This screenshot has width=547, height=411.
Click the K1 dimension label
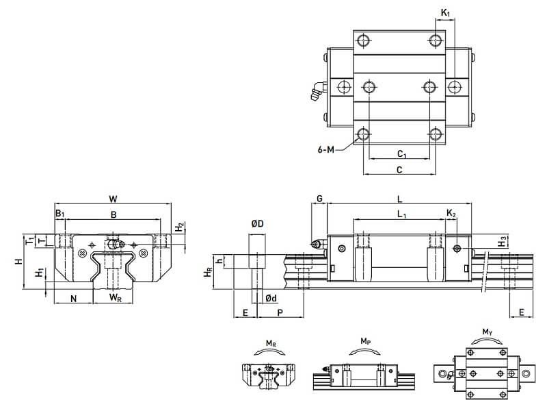445,13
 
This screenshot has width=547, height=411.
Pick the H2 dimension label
180,226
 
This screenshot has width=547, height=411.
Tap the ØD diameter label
258,224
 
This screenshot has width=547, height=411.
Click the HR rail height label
208,273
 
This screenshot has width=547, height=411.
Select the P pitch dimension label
280,312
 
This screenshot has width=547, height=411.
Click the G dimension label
319,199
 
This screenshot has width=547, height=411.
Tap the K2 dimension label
451,214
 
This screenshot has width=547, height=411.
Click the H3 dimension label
503,241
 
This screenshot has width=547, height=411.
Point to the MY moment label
487,332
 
